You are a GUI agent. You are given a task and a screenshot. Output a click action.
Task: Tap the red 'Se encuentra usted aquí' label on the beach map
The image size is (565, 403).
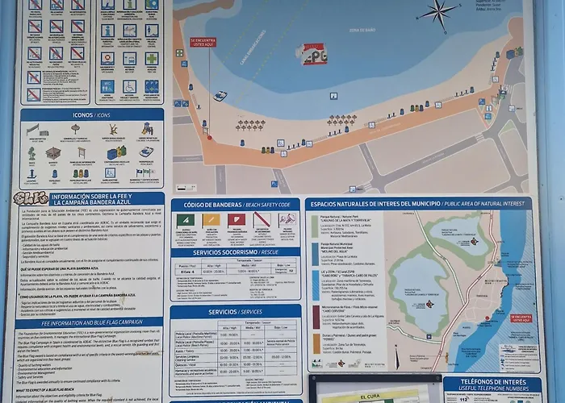click(x=203, y=43)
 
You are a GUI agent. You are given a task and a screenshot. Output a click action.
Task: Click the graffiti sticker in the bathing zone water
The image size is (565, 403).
click(x=312, y=54)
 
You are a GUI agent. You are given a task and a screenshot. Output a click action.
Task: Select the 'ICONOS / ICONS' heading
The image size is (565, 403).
click(x=91, y=115)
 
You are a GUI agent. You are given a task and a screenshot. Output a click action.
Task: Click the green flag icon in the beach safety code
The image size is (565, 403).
click(x=185, y=220)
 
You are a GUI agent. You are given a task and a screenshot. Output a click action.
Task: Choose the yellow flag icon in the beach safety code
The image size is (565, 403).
click(x=211, y=220)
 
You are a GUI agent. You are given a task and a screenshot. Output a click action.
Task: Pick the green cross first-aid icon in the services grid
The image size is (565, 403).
click(x=151, y=58)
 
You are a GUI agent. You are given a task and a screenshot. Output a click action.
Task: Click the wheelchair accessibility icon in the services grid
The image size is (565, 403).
click(x=129, y=85)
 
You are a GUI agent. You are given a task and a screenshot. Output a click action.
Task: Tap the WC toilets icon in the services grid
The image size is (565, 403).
click(x=107, y=85)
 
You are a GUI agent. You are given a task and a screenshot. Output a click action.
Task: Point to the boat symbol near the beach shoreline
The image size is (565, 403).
click(x=220, y=96)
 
